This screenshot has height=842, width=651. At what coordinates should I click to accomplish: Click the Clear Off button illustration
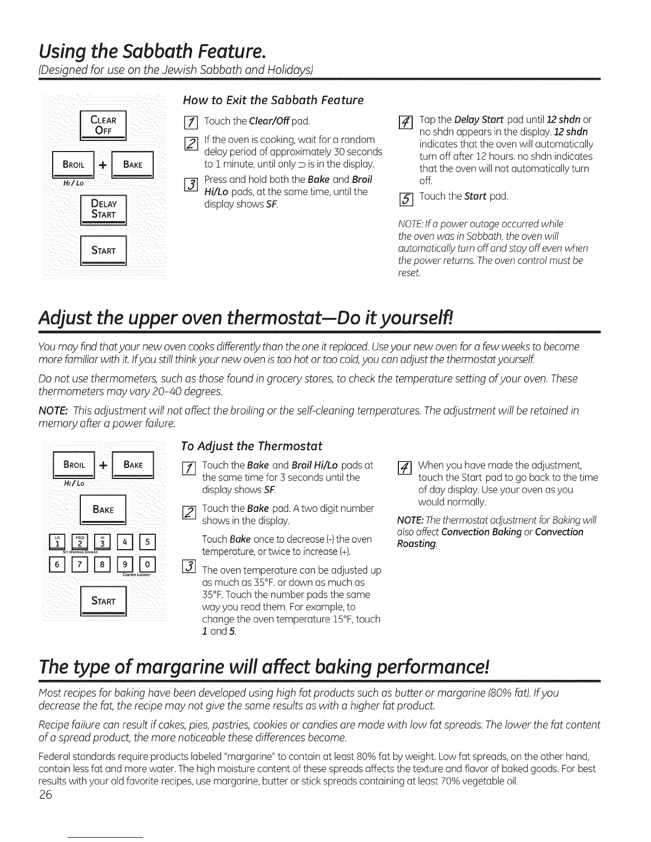pos(103,125)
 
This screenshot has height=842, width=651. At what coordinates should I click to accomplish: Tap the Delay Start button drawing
pos(103,208)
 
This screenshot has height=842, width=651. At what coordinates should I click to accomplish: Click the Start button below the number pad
pos(103,601)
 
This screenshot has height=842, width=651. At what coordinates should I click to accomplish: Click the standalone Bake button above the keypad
pos(103,509)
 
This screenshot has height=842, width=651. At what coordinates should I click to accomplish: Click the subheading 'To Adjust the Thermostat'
pos(252,445)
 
